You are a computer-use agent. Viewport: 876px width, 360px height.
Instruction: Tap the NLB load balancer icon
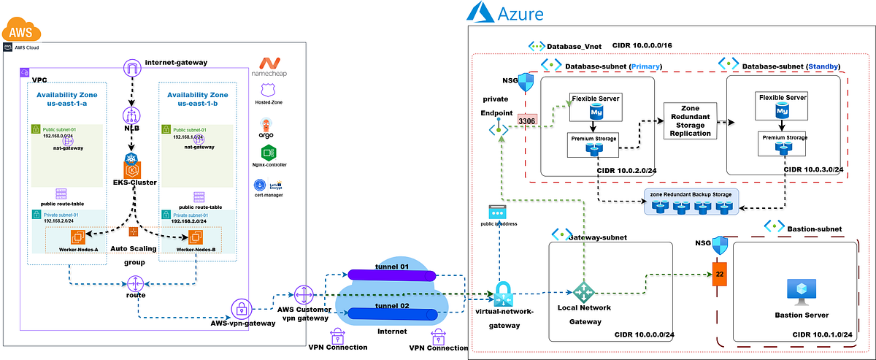click(132, 116)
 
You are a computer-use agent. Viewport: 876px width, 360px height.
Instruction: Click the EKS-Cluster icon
click(132, 165)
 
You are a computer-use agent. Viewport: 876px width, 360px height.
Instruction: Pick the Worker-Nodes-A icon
click(79, 237)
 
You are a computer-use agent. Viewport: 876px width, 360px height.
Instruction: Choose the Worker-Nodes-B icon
click(195, 237)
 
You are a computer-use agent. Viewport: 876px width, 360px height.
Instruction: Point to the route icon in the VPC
click(136, 283)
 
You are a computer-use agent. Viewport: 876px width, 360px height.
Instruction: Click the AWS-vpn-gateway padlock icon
click(242, 307)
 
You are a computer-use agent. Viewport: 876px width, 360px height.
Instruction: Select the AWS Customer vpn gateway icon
click(303, 296)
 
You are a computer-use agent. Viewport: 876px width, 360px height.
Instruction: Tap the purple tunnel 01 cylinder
click(392, 275)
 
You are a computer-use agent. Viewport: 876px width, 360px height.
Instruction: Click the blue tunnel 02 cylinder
click(392, 314)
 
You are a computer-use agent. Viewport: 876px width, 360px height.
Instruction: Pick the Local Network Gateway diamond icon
click(584, 291)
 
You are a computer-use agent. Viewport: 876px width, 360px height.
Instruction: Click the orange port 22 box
click(717, 276)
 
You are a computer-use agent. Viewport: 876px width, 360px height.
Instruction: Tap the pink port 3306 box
click(526, 120)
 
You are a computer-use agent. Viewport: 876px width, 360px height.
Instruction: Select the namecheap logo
click(272, 67)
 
